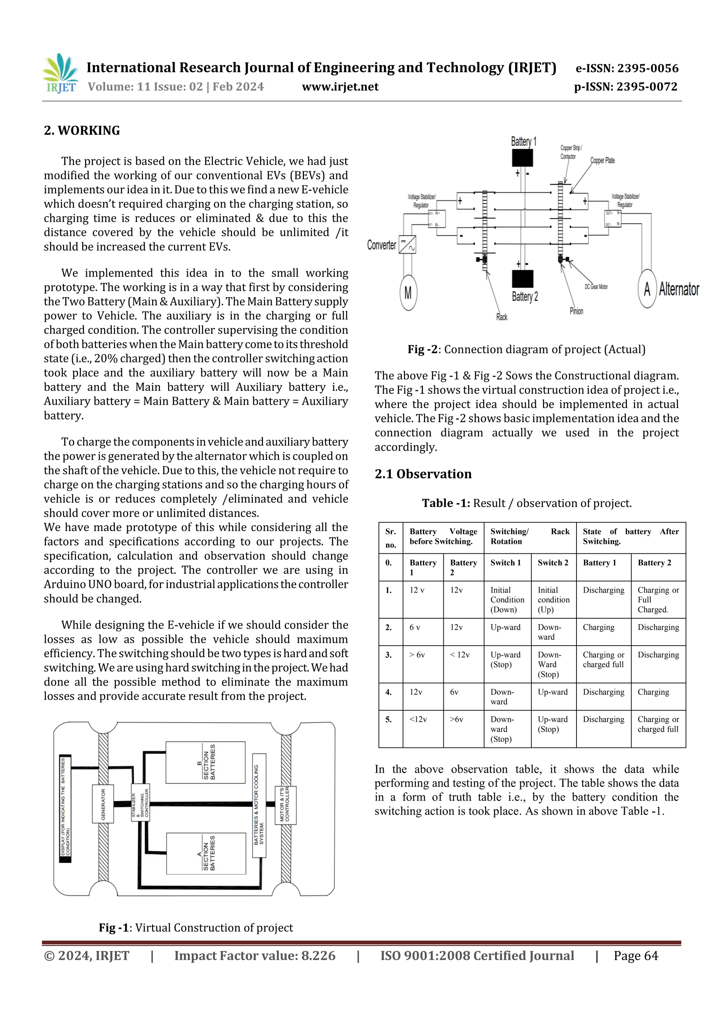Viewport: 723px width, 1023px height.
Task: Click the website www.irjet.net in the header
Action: [x=340, y=87]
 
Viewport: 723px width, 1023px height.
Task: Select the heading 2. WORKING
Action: [x=82, y=131]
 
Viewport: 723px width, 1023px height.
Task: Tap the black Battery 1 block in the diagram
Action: [x=522, y=158]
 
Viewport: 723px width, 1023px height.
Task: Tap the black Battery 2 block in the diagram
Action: [x=522, y=279]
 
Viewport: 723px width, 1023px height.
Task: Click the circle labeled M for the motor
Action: [x=408, y=293]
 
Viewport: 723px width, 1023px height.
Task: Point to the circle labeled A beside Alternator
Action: [x=647, y=289]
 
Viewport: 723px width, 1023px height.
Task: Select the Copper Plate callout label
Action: [x=602, y=160]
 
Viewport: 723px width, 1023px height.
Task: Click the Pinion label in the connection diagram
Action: [x=576, y=311]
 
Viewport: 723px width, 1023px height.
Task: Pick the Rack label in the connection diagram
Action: [x=502, y=317]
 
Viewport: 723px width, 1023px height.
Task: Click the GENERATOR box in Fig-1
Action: [x=103, y=804]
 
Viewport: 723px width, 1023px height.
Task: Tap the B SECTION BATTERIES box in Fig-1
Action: [x=205, y=762]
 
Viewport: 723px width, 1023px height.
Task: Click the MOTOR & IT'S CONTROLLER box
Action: [x=285, y=805]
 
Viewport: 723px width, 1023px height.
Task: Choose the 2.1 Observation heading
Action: [x=423, y=474]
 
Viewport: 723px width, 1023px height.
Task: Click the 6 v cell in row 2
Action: [x=415, y=628]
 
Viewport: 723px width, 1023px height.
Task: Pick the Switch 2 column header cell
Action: [x=553, y=563]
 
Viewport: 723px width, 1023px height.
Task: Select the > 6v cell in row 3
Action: [x=417, y=655]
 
